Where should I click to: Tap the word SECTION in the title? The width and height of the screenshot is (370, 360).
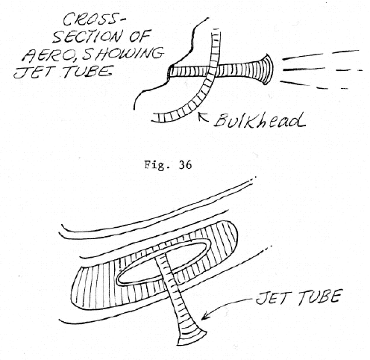click(87, 37)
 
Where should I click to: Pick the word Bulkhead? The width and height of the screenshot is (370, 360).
click(260, 121)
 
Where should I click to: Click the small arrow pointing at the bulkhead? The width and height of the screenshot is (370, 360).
click(204, 117)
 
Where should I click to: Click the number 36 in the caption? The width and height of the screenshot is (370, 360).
click(185, 165)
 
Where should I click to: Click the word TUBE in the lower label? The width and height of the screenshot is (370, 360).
click(319, 297)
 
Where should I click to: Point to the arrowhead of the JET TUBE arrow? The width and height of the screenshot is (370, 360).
click(204, 316)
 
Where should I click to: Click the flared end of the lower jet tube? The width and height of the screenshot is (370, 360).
click(192, 334)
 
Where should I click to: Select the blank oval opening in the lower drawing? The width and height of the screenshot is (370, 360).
click(163, 263)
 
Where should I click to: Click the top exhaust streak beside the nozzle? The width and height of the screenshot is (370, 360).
click(321, 55)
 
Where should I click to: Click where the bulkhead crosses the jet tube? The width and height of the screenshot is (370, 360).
click(214, 72)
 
